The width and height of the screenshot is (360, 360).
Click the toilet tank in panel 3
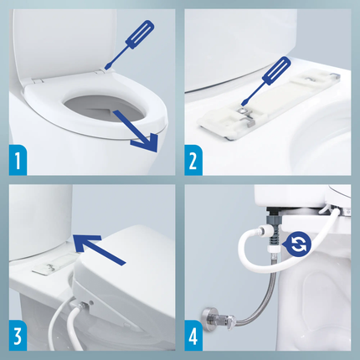[x=38, y=226]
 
